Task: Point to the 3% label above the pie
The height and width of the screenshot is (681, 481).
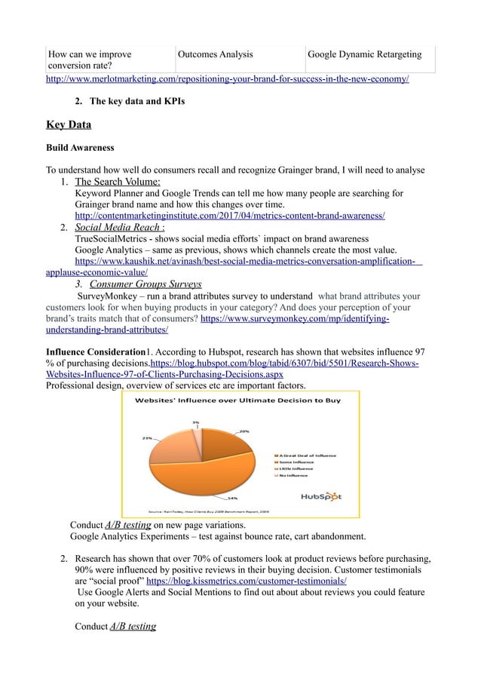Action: (x=195, y=422)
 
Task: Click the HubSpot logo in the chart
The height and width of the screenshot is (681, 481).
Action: (x=321, y=496)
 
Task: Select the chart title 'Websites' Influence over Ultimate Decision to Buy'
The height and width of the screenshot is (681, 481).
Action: (x=239, y=400)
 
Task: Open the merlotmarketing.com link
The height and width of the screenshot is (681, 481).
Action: (x=228, y=78)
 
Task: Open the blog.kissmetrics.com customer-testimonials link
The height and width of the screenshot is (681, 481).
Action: (x=246, y=582)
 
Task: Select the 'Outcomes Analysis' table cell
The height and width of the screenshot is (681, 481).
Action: (x=216, y=54)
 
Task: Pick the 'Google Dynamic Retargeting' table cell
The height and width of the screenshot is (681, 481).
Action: (x=364, y=54)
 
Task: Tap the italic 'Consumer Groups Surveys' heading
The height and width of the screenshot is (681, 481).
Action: (x=146, y=284)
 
